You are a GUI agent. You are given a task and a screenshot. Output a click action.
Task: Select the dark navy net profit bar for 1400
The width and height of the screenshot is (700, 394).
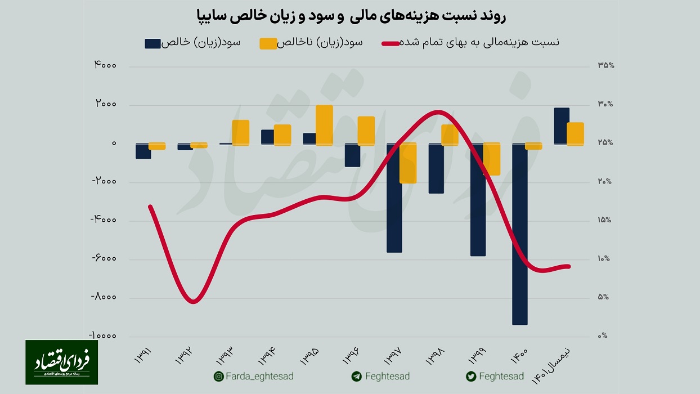(520, 234)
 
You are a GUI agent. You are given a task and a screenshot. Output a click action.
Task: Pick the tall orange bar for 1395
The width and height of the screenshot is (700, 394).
(324, 125)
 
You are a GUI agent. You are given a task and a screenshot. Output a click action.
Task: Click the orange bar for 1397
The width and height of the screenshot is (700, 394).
(408, 163)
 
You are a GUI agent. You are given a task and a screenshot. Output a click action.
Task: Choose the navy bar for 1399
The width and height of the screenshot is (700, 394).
(478, 200)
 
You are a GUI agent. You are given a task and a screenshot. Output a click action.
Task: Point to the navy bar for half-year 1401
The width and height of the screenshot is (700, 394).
(562, 126)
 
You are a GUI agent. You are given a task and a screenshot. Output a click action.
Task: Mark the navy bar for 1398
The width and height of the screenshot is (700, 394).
(436, 168)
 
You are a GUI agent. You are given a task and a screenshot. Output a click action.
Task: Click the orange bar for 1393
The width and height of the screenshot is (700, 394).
(240, 132)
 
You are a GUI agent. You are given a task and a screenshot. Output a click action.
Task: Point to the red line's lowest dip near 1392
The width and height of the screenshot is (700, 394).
(193, 302)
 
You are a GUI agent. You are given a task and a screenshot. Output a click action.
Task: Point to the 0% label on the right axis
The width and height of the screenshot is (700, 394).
(603, 336)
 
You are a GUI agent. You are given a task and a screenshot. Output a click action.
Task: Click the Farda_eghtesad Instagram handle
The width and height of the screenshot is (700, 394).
(259, 376)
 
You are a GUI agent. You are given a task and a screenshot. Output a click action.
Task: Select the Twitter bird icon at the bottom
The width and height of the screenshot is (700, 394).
(471, 377)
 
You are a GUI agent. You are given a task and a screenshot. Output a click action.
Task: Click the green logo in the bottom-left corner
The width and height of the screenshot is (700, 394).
(61, 362)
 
